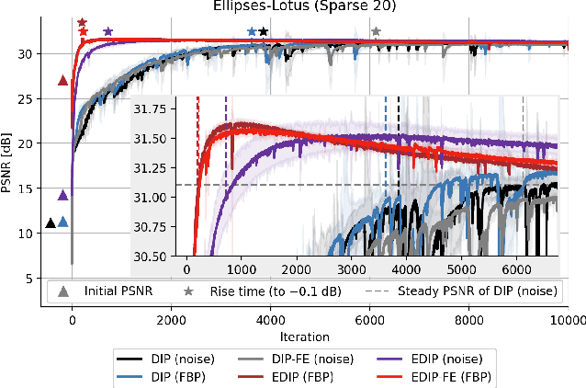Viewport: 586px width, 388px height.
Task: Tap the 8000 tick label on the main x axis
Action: (x=468, y=319)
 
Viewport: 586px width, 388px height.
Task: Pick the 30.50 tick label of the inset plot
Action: (x=149, y=256)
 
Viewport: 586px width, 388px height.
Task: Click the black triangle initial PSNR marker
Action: (x=51, y=223)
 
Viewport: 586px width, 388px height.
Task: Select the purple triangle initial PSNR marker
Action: (x=62, y=195)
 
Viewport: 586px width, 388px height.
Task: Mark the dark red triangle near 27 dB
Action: (x=62, y=81)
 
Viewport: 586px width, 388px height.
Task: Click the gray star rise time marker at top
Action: (x=375, y=32)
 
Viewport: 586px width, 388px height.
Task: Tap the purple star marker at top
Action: (x=108, y=32)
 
